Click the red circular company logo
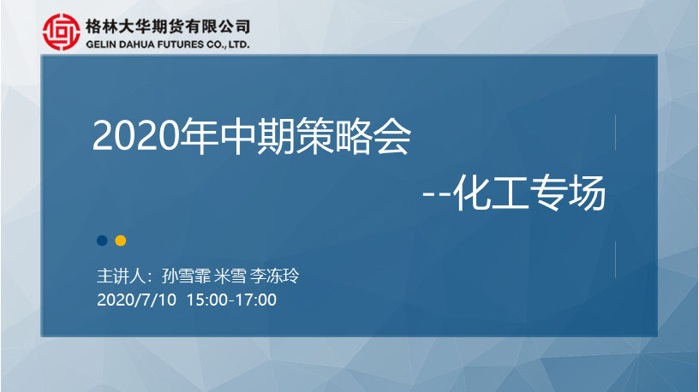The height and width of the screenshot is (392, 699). (x=62, y=32)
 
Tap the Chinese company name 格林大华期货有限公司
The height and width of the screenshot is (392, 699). (x=168, y=27)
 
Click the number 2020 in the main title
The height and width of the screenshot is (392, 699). (x=135, y=136)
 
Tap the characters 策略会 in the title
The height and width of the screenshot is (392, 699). (x=353, y=136)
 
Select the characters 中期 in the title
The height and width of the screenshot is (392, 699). (x=257, y=136)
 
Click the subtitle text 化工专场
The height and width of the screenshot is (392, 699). (x=529, y=193)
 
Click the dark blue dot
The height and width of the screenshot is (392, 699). (x=102, y=241)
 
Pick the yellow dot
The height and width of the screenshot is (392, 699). (x=121, y=241)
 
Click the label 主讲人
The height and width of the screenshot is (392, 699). (x=121, y=276)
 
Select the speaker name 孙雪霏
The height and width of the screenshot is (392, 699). (x=186, y=276)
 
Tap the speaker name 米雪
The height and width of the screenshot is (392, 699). (x=230, y=276)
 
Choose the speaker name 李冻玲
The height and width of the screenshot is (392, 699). (x=274, y=276)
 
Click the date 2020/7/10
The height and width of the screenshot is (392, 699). (x=136, y=300)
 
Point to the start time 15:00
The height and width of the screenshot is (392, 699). (x=206, y=300)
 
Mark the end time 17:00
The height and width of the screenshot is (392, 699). (x=256, y=300)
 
